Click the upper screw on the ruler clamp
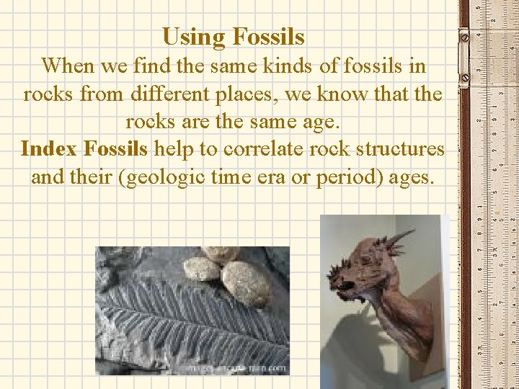point(464,34)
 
